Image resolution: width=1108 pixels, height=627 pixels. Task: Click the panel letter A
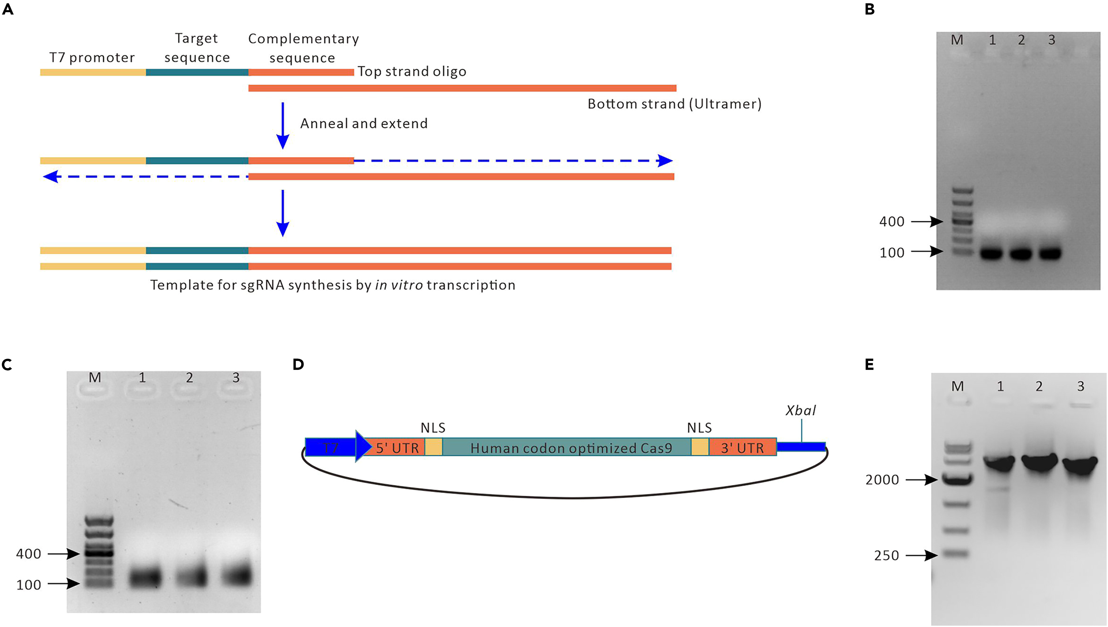pos(8,9)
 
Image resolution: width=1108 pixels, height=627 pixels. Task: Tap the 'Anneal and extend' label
pos(364,123)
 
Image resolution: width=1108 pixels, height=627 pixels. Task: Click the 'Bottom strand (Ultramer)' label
pos(674,104)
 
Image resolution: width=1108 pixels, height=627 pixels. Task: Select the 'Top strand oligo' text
pos(412,71)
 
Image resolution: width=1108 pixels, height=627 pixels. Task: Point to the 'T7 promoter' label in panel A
pos(92,57)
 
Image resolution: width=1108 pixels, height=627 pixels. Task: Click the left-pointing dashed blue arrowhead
pos(51,177)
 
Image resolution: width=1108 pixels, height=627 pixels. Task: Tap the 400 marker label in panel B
pos(892,222)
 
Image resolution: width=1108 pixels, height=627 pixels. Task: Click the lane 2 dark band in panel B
pos(1021,253)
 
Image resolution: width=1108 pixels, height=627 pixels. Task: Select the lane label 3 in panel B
pos(1052,40)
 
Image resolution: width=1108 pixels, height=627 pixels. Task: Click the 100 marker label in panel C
pos(28,585)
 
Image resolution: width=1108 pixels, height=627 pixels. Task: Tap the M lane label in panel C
pos(95,378)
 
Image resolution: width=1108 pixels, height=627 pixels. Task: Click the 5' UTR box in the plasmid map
pos(397,448)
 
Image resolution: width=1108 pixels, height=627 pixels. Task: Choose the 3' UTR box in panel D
pos(742,448)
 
